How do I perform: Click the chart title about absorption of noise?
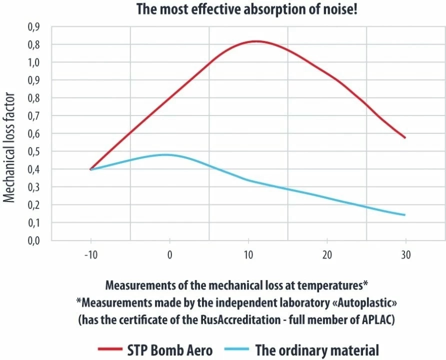223,9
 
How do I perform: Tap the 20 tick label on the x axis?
326,255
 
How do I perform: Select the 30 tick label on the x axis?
405,255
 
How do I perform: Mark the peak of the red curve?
256,41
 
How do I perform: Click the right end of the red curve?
405,137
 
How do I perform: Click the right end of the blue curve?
405,215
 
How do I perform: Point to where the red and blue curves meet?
90,169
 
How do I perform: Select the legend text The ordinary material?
317,350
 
